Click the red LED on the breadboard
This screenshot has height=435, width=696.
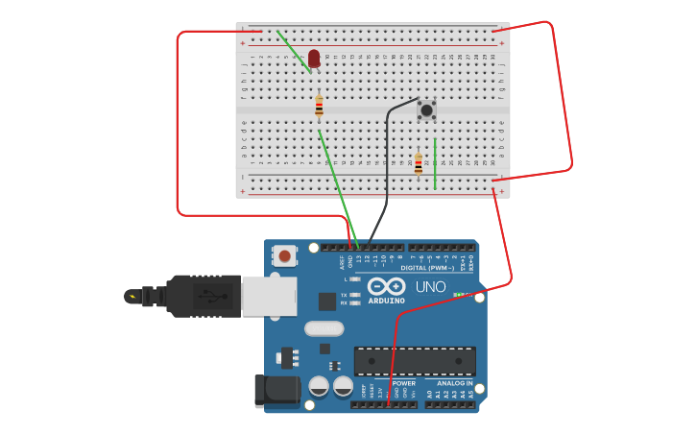(314, 59)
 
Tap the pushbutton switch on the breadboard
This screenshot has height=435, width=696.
(426, 110)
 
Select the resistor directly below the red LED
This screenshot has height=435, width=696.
(320, 107)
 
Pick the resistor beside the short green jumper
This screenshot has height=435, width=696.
(418, 164)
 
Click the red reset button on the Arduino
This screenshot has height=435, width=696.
(284, 255)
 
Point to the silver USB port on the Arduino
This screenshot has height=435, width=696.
(269, 297)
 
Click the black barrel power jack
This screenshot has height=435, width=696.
(276, 391)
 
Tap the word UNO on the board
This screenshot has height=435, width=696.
(430, 287)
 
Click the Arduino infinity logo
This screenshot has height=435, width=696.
(386, 286)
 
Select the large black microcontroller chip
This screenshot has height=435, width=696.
(415, 361)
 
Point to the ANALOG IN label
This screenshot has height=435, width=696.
(455, 382)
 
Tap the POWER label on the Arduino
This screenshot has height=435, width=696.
(403, 382)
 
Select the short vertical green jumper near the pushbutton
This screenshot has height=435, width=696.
(435, 163)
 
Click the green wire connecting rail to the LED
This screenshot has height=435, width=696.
(293, 50)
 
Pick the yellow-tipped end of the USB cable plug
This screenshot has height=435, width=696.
(131, 296)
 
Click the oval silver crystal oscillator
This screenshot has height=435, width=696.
(324, 328)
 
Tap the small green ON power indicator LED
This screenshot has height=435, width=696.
(458, 295)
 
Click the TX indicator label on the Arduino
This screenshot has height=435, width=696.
(344, 295)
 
